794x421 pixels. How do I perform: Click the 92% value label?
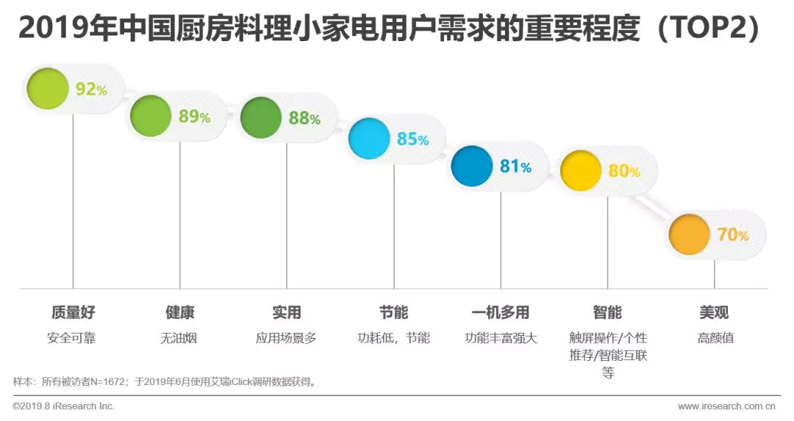click(91, 90)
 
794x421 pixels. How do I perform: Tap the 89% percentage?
click(194, 116)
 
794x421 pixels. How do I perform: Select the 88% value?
click(304, 118)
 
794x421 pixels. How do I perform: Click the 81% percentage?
click(515, 167)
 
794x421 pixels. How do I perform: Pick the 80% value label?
click(623, 171)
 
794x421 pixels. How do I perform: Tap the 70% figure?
click(732, 235)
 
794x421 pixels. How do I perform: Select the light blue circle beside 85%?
click(368, 138)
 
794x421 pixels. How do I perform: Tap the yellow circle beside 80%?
click(580, 170)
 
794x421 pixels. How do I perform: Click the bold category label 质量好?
click(73, 312)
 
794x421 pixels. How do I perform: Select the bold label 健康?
click(179, 312)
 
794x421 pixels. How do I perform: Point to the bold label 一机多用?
click(501, 312)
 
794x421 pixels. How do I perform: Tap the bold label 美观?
click(715, 312)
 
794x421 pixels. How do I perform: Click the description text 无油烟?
click(179, 338)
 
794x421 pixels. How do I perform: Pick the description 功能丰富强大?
click(501, 338)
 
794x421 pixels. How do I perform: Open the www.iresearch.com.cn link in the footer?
click(726, 406)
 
